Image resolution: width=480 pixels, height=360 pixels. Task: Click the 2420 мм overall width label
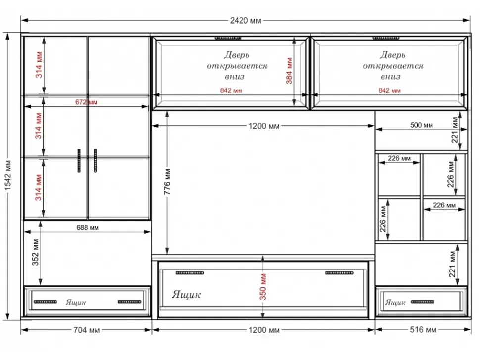pyautogui.click(x=245, y=21)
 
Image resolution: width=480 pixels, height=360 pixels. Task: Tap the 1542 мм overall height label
pyautogui.click(x=8, y=176)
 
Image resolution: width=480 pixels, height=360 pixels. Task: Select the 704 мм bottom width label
pyautogui.click(x=87, y=330)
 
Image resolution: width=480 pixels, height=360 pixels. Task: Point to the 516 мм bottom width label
pyautogui.click(x=423, y=330)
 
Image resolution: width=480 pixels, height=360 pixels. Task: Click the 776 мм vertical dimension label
pyautogui.click(x=167, y=181)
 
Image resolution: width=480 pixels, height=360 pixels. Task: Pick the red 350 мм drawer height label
pyautogui.click(x=263, y=287)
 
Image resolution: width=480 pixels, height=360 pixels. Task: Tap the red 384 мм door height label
pyautogui.click(x=289, y=71)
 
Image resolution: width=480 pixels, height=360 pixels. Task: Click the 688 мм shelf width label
pyautogui.click(x=88, y=228)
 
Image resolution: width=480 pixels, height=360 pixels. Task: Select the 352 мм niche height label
pyautogui.click(x=36, y=252)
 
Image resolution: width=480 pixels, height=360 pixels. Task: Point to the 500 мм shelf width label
pyautogui.click(x=422, y=125)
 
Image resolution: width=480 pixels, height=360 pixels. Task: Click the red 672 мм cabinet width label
pyautogui.click(x=86, y=102)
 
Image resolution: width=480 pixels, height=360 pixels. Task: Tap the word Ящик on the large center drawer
pyautogui.click(x=187, y=295)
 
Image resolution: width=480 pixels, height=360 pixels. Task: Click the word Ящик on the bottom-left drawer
pyautogui.click(x=76, y=302)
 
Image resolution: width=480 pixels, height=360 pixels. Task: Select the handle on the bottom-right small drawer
pyautogui.click(x=423, y=302)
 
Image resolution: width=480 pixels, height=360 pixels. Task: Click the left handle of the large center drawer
pyautogui.click(x=190, y=273)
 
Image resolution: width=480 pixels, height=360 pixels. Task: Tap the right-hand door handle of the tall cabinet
pyautogui.click(x=96, y=161)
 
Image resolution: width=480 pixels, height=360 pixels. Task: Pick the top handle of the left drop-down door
pyautogui.click(x=228, y=38)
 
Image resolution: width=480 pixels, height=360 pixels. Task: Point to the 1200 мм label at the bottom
pyautogui.click(x=264, y=330)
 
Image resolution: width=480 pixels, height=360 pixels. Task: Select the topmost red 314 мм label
pyautogui.click(x=39, y=65)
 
